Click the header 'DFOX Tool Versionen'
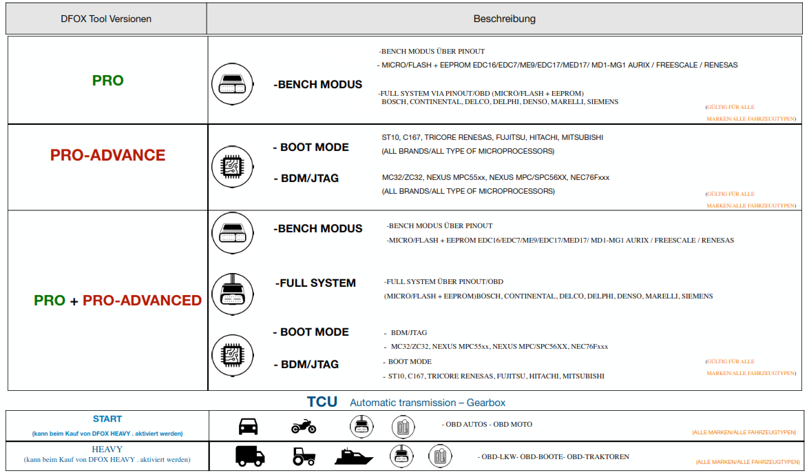click(x=106, y=19)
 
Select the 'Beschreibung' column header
click(x=504, y=19)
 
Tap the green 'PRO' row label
click(x=108, y=81)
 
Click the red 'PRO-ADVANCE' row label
click(x=108, y=155)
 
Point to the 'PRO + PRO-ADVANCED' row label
click(x=118, y=301)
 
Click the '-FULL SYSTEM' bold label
click(x=315, y=283)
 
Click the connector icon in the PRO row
click(x=231, y=85)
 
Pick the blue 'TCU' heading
click(x=322, y=402)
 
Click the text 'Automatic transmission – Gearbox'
click(x=428, y=403)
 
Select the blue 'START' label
click(x=107, y=419)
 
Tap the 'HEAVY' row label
click(x=107, y=449)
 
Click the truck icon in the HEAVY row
click(x=250, y=456)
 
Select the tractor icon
click(x=304, y=456)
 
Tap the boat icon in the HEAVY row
click(x=354, y=456)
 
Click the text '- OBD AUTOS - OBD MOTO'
click(x=487, y=425)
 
